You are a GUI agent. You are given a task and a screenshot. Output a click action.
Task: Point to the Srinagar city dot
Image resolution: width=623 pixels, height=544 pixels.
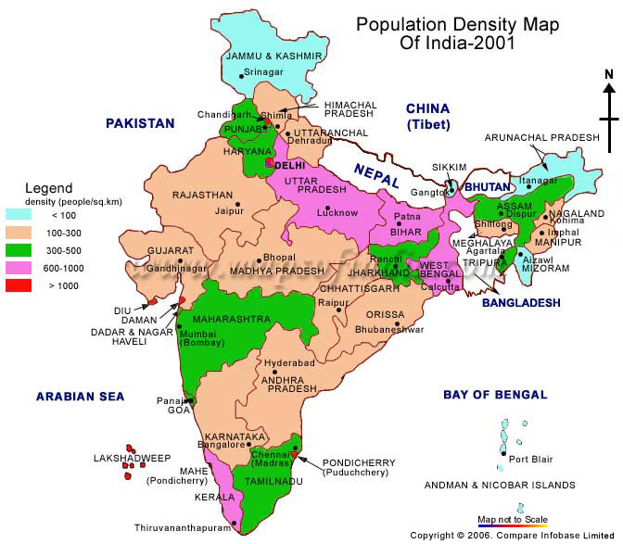point(242,74)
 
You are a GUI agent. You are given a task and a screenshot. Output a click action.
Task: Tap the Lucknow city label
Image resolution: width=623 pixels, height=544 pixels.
point(337,213)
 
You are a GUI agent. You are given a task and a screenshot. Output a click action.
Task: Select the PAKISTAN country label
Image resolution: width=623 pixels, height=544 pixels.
point(140,122)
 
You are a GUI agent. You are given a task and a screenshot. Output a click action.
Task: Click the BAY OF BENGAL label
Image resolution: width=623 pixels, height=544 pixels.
point(495,395)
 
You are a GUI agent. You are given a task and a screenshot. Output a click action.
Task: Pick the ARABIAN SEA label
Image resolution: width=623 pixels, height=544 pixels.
point(80,397)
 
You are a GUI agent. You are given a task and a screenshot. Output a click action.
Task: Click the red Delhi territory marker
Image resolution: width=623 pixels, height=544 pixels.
point(269,163)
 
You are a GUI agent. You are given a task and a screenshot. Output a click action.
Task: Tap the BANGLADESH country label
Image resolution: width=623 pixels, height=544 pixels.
point(521,303)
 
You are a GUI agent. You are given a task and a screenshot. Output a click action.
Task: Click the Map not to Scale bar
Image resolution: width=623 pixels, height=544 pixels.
point(512,525)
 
